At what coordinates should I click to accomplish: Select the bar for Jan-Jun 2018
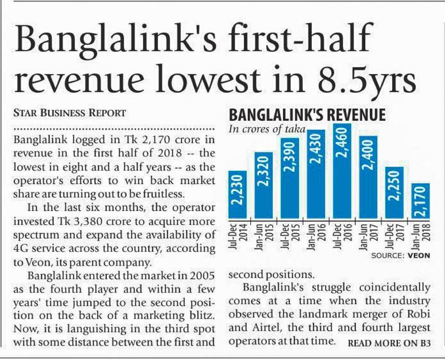421,201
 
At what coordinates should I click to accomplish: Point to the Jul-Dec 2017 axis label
395,236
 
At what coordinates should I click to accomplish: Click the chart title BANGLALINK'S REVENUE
307,115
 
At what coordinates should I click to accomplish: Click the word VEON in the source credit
419,256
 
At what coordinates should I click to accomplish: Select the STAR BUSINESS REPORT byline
69,112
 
